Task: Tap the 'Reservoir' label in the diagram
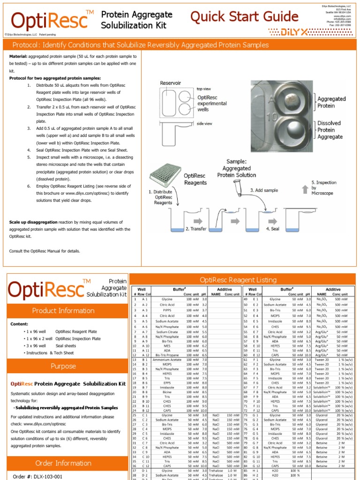(x=170, y=83)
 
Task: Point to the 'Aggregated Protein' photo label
(x=331, y=102)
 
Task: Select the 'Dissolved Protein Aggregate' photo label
(x=330, y=130)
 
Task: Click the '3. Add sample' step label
(x=265, y=190)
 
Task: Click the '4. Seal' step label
(x=273, y=228)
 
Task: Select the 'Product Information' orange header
(x=63, y=310)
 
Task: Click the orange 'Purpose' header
(x=63, y=366)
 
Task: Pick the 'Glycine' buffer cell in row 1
(x=167, y=299)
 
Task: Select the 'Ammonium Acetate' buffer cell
(x=167, y=360)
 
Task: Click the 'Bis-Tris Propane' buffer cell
(x=167, y=354)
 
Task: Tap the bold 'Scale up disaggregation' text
(x=32, y=222)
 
